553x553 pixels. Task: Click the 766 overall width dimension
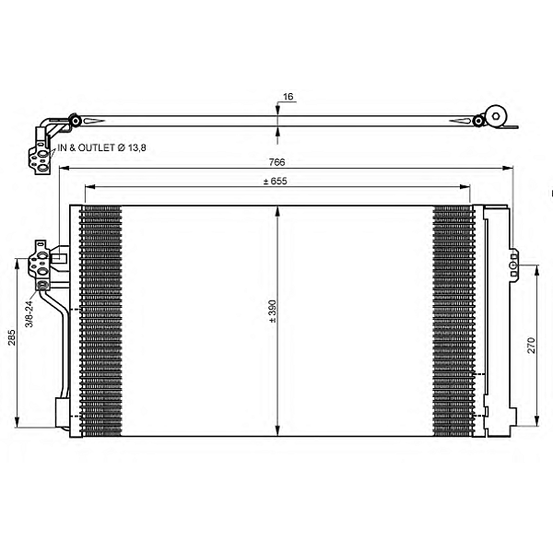coord(276,162)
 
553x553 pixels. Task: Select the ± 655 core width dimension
coord(276,182)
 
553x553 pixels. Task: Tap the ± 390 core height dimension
coord(273,312)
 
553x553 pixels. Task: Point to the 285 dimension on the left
coord(12,337)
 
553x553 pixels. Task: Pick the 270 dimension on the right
coord(531,346)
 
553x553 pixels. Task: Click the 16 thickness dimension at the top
coord(288,96)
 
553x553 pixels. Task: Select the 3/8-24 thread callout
coord(29,313)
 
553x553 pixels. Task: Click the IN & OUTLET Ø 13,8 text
coord(101,147)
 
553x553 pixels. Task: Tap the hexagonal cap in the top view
coord(496,116)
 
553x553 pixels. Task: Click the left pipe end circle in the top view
coord(76,121)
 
